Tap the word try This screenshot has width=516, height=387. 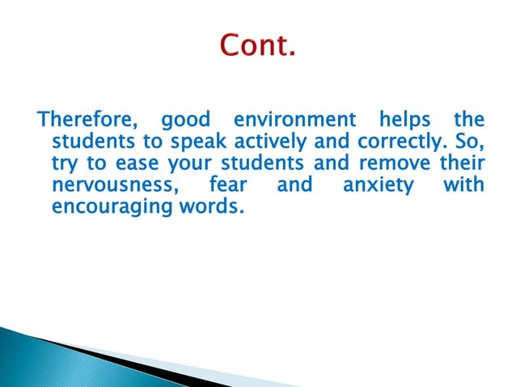[x=63, y=165]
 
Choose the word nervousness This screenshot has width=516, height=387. [x=112, y=186]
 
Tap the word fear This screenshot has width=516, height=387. [x=228, y=185]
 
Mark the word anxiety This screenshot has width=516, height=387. [x=378, y=186]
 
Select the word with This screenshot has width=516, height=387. [x=463, y=185]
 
